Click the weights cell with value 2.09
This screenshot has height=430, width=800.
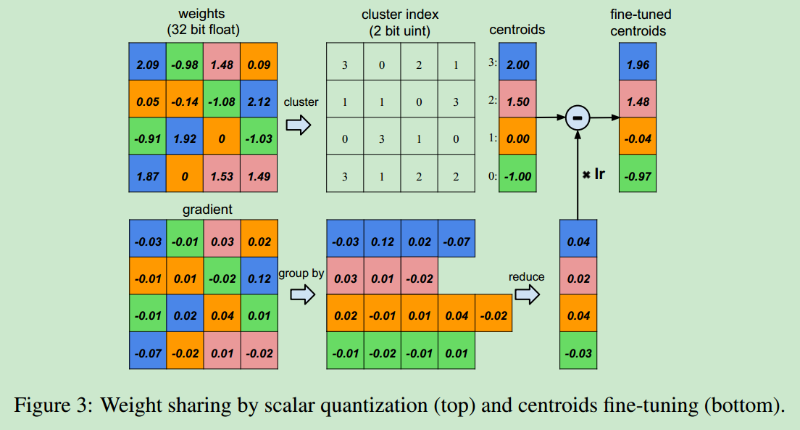(x=147, y=62)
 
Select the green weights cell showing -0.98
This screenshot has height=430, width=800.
(x=185, y=62)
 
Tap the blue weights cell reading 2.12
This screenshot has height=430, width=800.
(x=259, y=99)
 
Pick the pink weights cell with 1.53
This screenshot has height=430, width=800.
(x=222, y=173)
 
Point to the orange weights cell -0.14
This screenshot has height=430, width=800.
(x=185, y=99)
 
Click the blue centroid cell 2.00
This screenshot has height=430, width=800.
(x=517, y=62)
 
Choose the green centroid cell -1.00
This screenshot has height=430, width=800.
(x=517, y=173)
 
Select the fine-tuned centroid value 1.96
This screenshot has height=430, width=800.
(x=638, y=62)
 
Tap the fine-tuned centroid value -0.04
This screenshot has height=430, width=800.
(x=638, y=136)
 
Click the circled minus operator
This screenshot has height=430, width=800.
(x=578, y=118)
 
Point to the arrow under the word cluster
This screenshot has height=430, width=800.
(x=299, y=125)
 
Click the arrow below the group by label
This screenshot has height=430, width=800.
(x=303, y=294)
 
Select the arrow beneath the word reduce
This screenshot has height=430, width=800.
(x=527, y=294)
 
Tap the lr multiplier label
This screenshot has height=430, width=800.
(x=593, y=175)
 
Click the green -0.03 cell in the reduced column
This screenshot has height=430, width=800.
(x=578, y=350)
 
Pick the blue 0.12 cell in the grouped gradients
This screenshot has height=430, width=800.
(x=383, y=239)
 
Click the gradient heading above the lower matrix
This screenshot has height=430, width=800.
(x=207, y=210)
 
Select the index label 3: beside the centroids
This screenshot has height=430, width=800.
(x=492, y=62)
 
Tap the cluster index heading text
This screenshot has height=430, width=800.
(x=400, y=22)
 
